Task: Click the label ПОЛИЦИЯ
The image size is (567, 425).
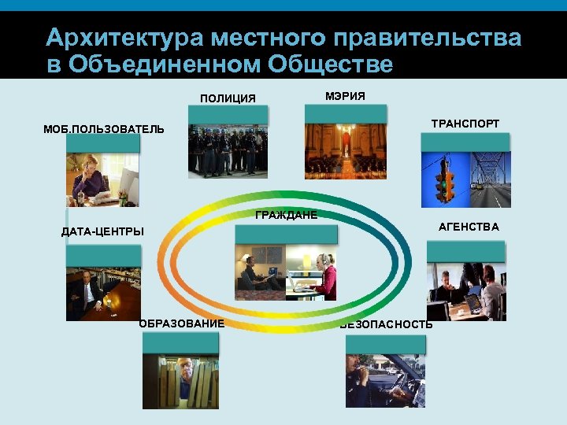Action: pyautogui.click(x=228, y=98)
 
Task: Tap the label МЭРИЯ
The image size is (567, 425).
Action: pyautogui.click(x=345, y=95)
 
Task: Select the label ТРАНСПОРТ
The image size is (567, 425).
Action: pyautogui.click(x=465, y=124)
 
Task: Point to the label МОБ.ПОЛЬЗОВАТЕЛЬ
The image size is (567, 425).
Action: pyautogui.click(x=104, y=129)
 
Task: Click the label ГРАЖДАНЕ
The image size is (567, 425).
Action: pyautogui.click(x=286, y=216)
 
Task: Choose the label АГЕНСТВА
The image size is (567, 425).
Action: pyautogui.click(x=469, y=227)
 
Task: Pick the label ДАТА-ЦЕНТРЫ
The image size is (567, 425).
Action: pyautogui.click(x=102, y=231)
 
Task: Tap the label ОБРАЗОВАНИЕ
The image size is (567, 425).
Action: pyautogui.click(x=182, y=323)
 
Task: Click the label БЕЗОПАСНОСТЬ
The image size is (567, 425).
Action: pyautogui.click(x=387, y=324)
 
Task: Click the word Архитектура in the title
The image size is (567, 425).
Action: pyautogui.click(x=125, y=38)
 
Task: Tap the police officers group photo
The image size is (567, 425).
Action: pyautogui.click(x=228, y=151)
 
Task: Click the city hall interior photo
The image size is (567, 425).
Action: pyautogui.click(x=345, y=151)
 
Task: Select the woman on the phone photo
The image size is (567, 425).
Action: pyautogui.click(x=102, y=179)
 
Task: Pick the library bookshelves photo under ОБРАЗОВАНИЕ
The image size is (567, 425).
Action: pyautogui.click(x=180, y=382)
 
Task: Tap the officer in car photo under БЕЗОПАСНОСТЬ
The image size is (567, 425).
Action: pyautogui.click(x=384, y=381)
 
